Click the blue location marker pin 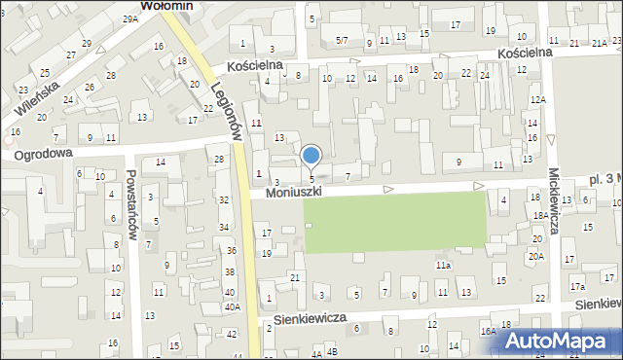(311, 156)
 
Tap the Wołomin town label (167, 6)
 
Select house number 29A (130, 19)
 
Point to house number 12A (538, 100)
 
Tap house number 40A (232, 306)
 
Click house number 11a (443, 265)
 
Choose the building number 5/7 (342, 41)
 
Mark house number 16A (488, 331)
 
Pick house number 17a (577, 286)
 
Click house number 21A (600, 43)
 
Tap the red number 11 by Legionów (256, 124)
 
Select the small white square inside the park (308, 226)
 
